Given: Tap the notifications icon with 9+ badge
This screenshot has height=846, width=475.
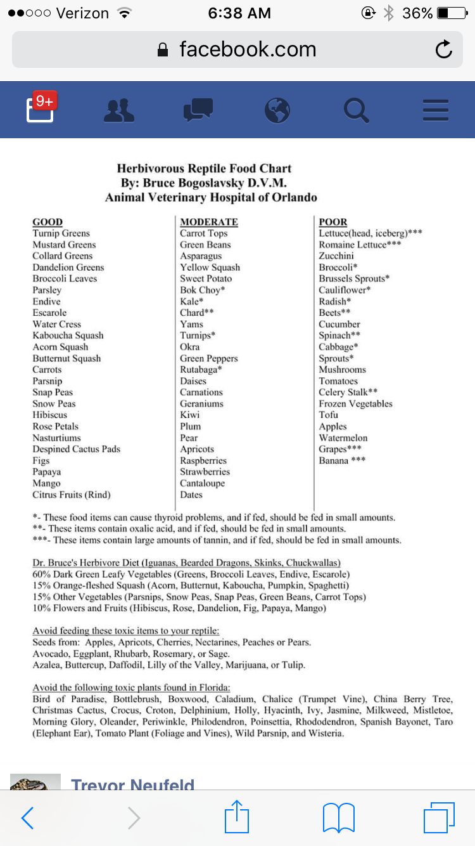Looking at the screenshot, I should (x=40, y=109).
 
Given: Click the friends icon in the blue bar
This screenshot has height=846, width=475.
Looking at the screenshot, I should (x=118, y=110).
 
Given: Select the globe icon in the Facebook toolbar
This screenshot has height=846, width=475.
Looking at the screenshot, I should (x=277, y=110).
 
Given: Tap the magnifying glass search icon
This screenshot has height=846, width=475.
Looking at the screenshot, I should (x=356, y=110).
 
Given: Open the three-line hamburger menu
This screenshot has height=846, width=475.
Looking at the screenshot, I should (x=435, y=110).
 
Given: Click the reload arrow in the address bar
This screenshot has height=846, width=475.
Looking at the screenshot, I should (x=444, y=49).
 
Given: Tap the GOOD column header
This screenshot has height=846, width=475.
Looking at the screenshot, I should (x=47, y=222).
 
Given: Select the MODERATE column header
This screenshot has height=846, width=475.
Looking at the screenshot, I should (x=209, y=222).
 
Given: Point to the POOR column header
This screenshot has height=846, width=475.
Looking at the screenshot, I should (x=333, y=222).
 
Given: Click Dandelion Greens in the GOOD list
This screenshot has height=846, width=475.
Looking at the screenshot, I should (x=68, y=268).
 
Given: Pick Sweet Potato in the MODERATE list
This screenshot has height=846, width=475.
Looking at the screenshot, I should (x=206, y=279).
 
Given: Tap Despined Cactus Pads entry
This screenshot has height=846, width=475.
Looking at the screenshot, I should (x=76, y=450).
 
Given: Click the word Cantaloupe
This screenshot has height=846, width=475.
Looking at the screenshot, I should (x=202, y=484).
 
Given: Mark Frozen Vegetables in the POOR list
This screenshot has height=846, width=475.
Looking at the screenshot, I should (x=355, y=404).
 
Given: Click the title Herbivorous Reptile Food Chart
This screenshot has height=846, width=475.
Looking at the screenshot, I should (x=204, y=169).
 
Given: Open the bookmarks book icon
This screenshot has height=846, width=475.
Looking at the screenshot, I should (x=339, y=817).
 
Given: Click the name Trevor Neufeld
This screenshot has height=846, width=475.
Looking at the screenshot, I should (x=132, y=785).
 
